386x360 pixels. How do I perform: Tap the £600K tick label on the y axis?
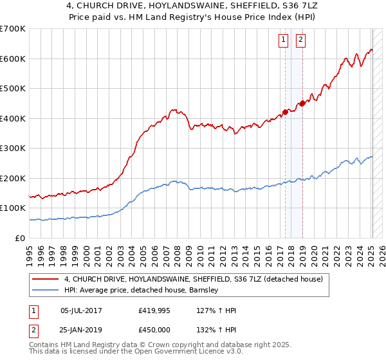13,59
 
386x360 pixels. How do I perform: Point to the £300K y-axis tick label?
13,148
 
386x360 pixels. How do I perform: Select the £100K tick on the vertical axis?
13,208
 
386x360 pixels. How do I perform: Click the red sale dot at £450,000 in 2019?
302,103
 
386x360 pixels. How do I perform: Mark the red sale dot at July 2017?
285,112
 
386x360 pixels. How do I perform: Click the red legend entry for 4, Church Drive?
198,279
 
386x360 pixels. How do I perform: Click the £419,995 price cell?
154,310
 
